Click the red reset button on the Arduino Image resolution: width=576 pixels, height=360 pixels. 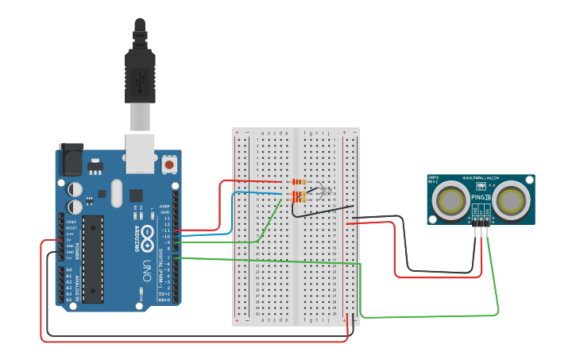169,165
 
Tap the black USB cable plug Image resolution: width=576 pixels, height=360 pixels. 140,72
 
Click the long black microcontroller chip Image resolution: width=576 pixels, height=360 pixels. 93,259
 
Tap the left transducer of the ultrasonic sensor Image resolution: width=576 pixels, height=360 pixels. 452,199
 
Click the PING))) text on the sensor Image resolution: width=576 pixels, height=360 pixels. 481,196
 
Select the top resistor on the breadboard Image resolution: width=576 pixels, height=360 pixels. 297,182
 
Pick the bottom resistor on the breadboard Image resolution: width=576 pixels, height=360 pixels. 299,197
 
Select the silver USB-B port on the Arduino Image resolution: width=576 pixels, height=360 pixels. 141,153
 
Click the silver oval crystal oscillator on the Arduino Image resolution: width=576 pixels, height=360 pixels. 117,192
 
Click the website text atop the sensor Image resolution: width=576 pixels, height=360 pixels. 481,178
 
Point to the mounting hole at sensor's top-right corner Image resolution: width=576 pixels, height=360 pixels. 530,179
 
